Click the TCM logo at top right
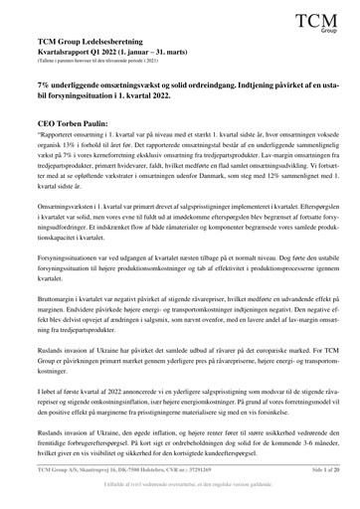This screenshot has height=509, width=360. (318, 21)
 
